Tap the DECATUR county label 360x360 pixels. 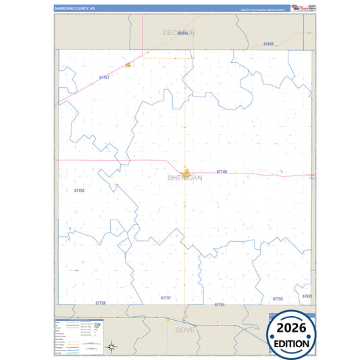(x=179, y=32)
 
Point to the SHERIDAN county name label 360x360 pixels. (x=184, y=178)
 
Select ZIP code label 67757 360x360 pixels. (x=104, y=78)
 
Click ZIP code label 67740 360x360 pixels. (x=222, y=172)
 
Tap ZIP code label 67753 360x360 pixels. (x=80, y=190)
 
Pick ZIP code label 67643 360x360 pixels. (x=268, y=44)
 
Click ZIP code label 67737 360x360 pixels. (x=165, y=297)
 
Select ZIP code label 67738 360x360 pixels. (x=101, y=303)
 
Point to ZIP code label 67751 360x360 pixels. (x=219, y=305)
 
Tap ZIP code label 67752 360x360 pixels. (x=278, y=299)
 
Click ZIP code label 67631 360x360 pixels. (x=307, y=297)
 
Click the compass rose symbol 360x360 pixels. (x=113, y=347)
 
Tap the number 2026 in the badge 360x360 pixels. (x=292, y=328)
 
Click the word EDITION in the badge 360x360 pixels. (x=292, y=343)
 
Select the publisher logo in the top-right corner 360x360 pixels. (x=299, y=8)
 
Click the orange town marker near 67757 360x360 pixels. (x=128, y=65)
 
